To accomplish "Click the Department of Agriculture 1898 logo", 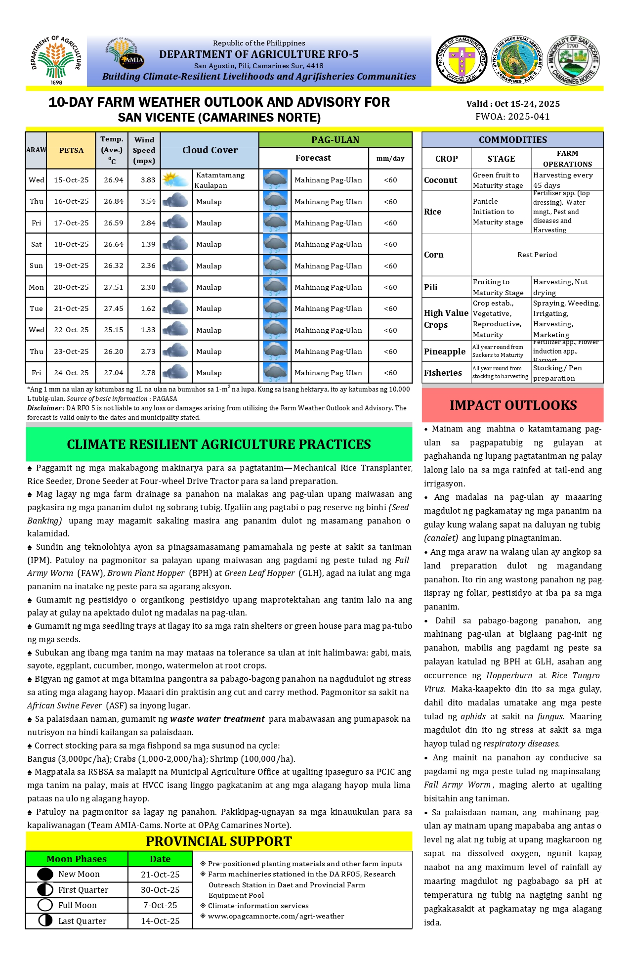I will coord(56,60).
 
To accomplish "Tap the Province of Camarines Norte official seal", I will coord(462,60).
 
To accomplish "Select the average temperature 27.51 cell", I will coord(113,287).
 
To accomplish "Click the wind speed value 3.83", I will coord(148,180).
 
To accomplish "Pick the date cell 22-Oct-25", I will coord(71,330).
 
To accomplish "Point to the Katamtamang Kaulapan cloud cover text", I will coord(219,180).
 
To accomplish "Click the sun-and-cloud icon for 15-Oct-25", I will coord(176,180).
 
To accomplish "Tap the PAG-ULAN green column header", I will coord(335,140).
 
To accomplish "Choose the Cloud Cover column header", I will coord(210,150).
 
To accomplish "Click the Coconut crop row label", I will coord(441,180).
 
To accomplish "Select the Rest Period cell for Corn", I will coord(537,255).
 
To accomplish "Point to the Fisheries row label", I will coord(443,373).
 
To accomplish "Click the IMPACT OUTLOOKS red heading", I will coord(513,405).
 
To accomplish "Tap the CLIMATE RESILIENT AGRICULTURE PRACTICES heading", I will coord(218,444).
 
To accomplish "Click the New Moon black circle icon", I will coord(45,874).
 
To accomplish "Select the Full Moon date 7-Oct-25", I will coord(160,905).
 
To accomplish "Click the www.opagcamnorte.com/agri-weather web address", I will coord(276,916).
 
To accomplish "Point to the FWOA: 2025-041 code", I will coord(512,117).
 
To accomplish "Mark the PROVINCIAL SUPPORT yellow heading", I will coord(218,841).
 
